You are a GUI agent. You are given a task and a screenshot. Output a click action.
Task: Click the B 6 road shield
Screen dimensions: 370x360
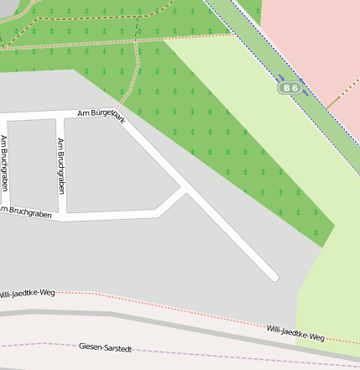pos(290,87)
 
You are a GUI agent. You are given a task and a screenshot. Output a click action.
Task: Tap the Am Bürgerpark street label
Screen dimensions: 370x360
pos(101,113)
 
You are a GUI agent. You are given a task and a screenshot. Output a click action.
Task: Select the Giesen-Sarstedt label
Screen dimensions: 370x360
pos(106,346)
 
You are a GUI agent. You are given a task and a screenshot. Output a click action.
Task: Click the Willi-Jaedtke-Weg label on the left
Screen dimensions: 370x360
pos(27,293)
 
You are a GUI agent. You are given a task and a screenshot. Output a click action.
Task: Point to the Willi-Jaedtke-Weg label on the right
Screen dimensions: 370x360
pos(295,332)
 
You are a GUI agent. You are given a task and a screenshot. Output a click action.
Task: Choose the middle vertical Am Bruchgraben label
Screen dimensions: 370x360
pos(60,166)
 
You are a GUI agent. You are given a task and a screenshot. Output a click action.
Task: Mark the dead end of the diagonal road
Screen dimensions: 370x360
pos(274,276)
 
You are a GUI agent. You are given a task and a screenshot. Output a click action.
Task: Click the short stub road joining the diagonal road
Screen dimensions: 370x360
pos(170,202)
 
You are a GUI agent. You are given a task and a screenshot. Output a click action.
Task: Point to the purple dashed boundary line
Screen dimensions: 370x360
pos(210,352)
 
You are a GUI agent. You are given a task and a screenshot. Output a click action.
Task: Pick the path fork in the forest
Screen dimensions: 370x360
pos(136,42)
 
